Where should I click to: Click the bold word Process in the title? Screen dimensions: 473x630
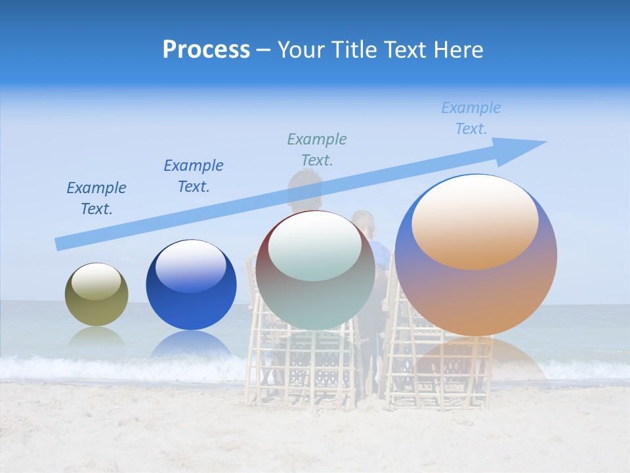206,50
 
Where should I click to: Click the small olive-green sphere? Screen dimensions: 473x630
96,295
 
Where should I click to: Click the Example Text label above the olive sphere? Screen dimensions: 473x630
96,198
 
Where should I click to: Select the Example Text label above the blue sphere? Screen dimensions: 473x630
194,176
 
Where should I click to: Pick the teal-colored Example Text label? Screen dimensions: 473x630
317,149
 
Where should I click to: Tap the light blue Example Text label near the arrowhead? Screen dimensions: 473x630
471,118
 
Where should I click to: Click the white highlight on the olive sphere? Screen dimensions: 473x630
96,282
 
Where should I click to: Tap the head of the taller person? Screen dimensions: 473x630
304,188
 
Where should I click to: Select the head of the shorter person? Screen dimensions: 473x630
363,224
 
